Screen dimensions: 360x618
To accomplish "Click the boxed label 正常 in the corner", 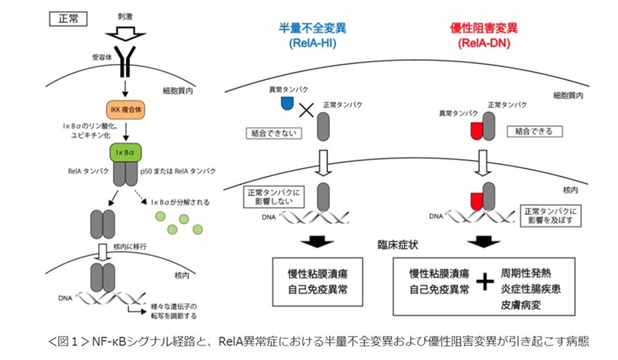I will [66, 19].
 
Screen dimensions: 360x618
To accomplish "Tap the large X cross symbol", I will [307, 111].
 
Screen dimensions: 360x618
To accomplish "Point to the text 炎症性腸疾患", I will [531, 289].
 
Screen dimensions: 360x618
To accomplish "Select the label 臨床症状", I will [398, 246].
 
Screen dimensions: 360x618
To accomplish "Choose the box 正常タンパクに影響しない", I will [271, 199].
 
